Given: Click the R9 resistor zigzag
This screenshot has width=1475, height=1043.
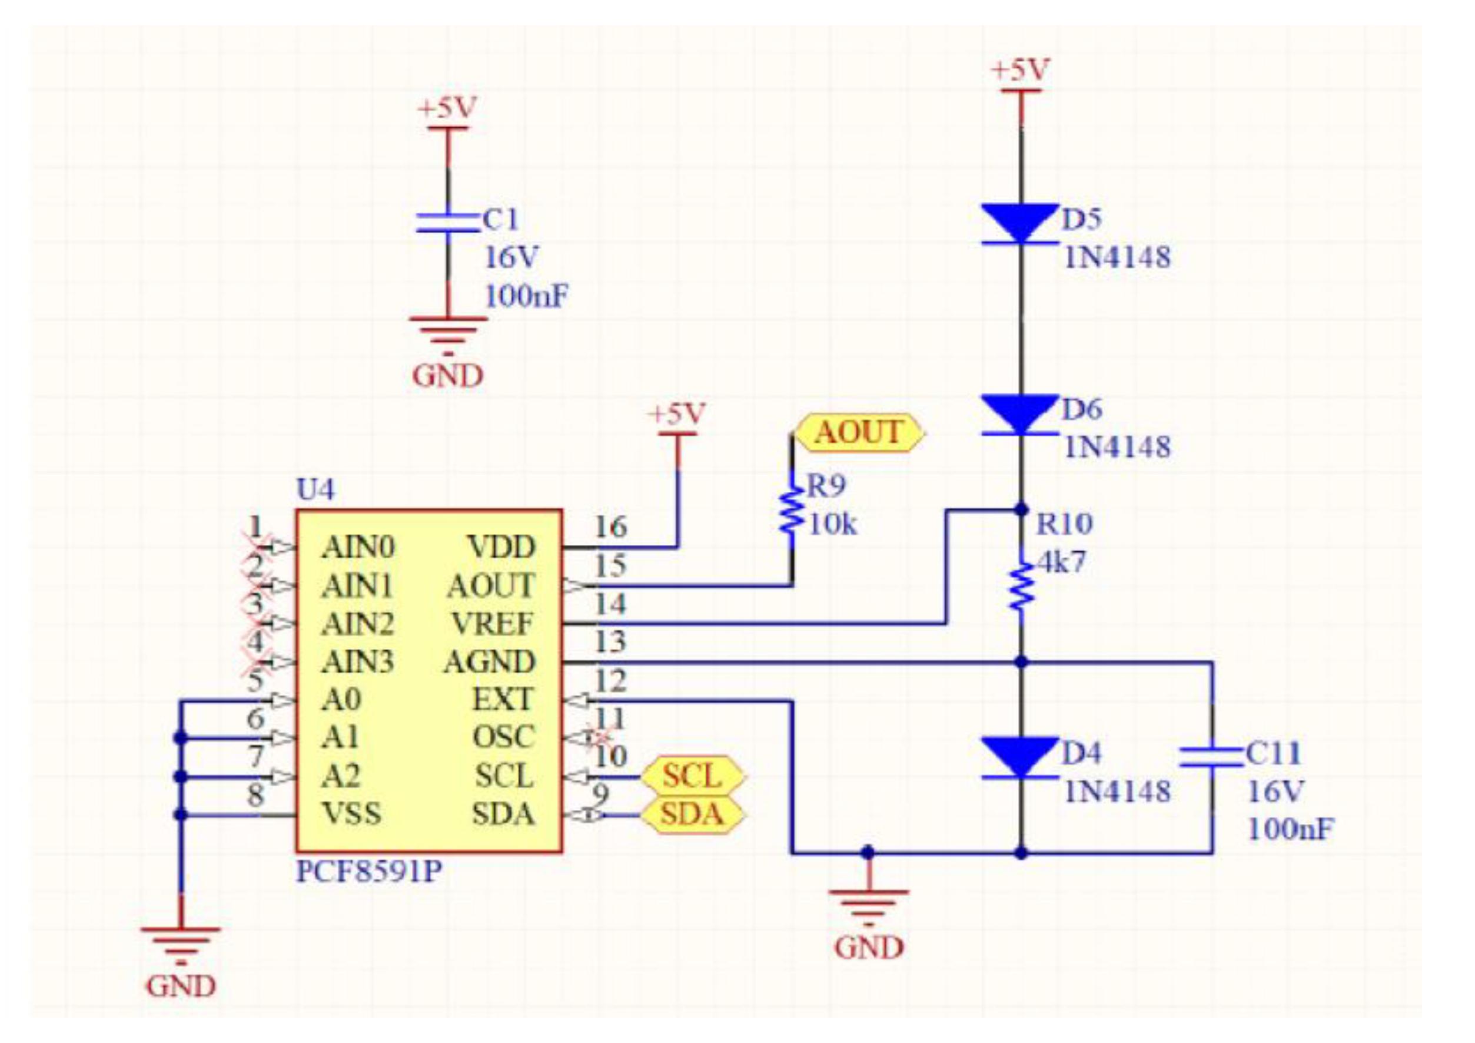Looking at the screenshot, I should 792,511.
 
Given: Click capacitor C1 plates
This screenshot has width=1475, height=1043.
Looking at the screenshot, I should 448,223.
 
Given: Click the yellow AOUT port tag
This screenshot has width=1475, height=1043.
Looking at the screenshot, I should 859,432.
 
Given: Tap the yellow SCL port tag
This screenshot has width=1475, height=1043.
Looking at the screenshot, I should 693,776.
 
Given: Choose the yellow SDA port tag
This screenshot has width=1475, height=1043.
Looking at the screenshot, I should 693,815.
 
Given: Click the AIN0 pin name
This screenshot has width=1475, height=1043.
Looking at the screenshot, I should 358,548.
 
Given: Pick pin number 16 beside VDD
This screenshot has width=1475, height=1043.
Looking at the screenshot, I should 610,528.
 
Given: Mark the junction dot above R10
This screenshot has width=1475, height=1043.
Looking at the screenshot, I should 1021,509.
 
